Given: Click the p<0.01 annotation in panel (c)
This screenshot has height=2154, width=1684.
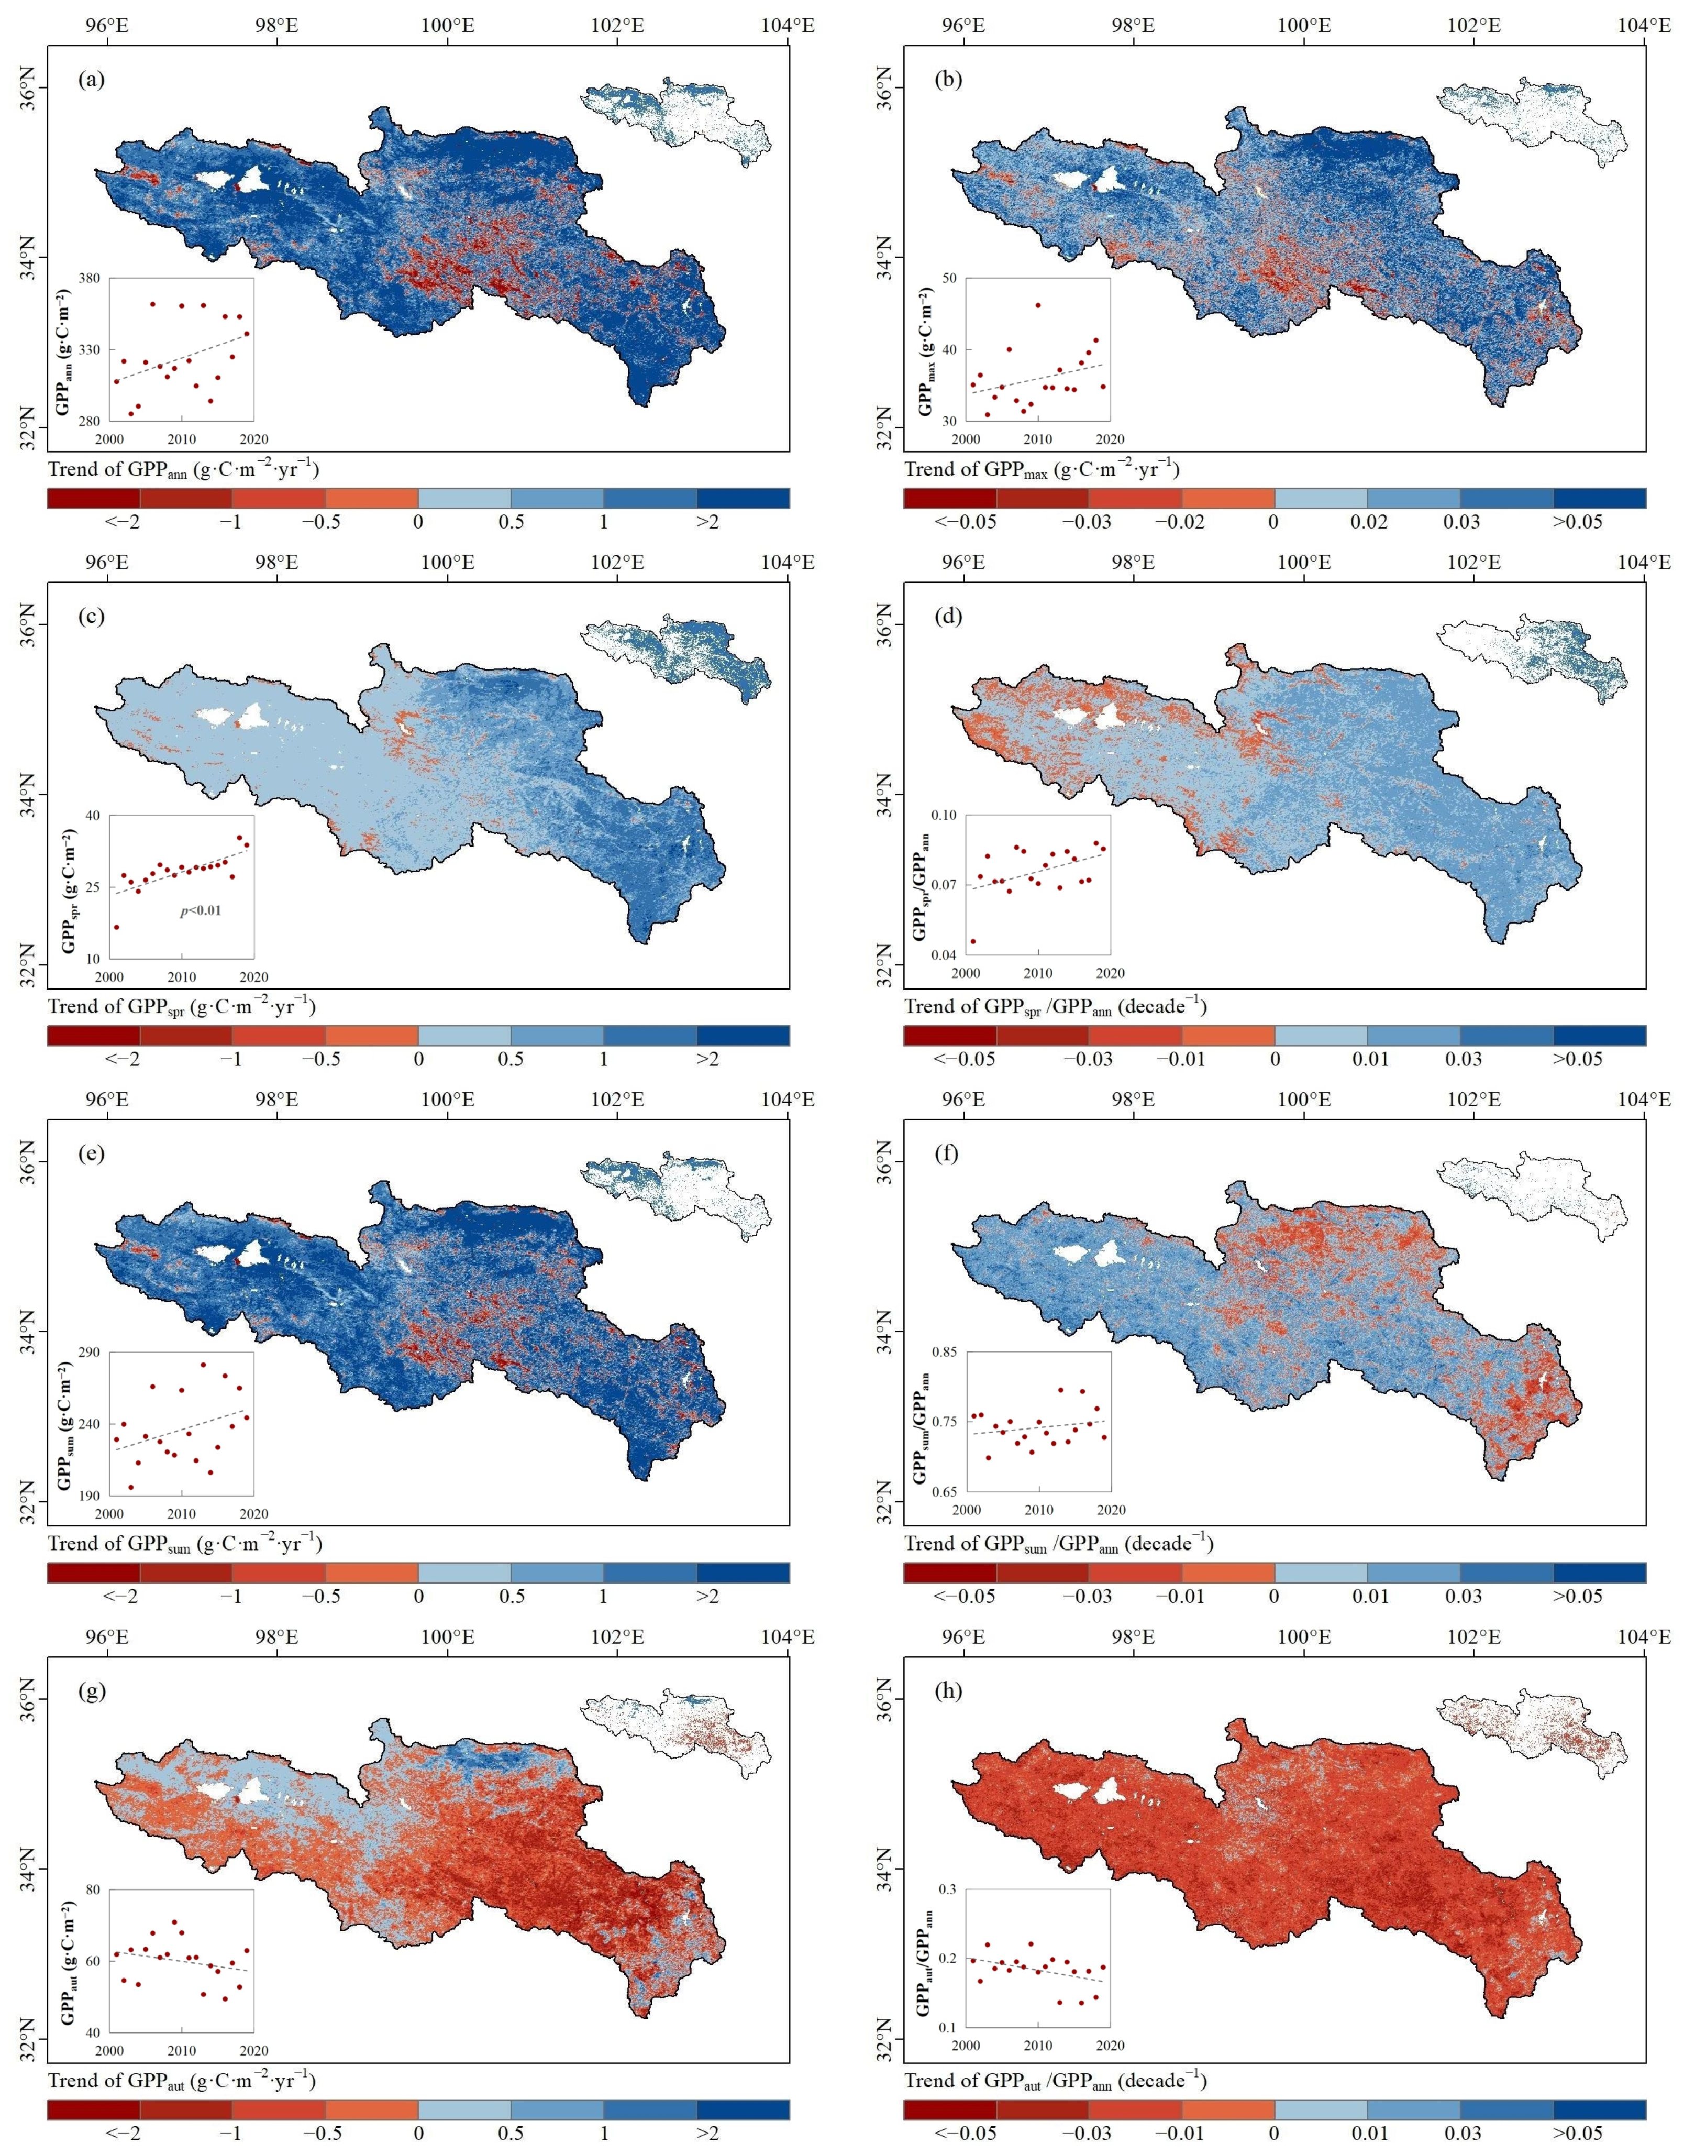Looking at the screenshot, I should (200, 910).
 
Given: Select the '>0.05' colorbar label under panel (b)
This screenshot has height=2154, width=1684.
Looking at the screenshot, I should (1578, 522).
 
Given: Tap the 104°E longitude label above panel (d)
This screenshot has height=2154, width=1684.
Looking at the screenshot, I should (1644, 562).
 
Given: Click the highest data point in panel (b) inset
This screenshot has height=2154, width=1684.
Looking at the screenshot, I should (1037, 305).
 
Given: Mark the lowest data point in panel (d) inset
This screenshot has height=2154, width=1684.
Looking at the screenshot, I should (973, 941).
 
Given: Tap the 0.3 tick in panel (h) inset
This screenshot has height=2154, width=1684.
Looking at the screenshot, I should (947, 1889).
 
